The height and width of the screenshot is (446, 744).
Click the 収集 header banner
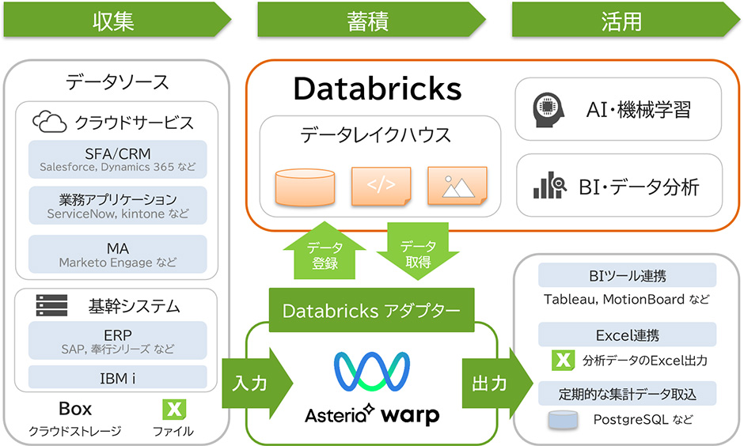(x=116, y=20)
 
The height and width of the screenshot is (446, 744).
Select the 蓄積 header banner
(x=369, y=20)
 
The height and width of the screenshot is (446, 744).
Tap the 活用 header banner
(x=623, y=20)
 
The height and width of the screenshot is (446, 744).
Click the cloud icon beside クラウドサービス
(x=50, y=122)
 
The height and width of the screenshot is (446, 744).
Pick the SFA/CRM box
(x=117, y=159)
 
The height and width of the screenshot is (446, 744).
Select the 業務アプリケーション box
(x=117, y=206)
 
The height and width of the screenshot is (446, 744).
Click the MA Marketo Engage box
(x=117, y=254)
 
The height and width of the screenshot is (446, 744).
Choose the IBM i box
(x=117, y=378)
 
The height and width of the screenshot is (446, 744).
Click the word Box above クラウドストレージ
(x=75, y=409)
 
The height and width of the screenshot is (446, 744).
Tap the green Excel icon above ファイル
(x=173, y=409)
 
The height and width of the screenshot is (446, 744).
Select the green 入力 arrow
(x=255, y=383)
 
